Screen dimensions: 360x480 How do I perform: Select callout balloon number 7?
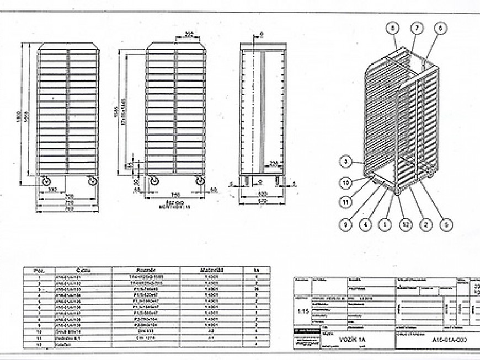pos(417,28)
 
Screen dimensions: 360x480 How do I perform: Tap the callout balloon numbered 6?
pos(440,28)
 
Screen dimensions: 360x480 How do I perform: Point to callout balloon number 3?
pos(345,162)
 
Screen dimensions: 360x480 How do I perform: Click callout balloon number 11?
pos(345,202)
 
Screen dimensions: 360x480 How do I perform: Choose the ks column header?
pos(256,270)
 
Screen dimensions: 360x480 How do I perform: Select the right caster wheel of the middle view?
pos(199,181)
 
